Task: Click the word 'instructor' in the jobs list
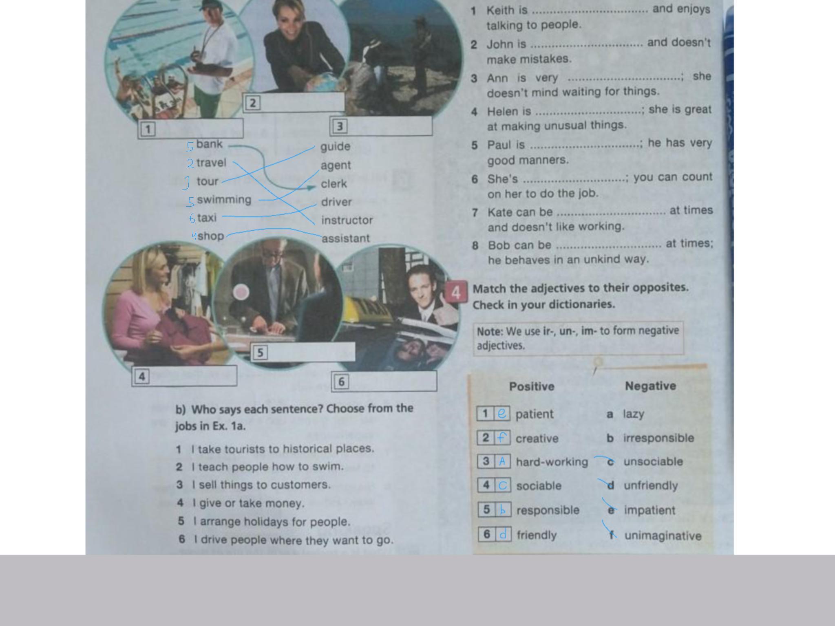(347, 220)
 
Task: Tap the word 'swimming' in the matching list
(224, 200)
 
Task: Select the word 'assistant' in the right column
(346, 238)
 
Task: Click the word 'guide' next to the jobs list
(335, 146)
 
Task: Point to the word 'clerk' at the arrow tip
(334, 184)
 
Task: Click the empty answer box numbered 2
(294, 102)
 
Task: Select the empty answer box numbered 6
(384, 381)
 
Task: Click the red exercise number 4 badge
(456, 292)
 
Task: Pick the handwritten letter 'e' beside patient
(502, 413)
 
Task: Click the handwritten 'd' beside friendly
(503, 534)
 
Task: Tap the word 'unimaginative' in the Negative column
(663, 536)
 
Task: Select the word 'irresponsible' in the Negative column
(658, 438)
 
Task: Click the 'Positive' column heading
(532, 386)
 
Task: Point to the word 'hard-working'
(552, 462)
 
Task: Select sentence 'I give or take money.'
(249, 503)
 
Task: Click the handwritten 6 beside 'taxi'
(192, 218)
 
